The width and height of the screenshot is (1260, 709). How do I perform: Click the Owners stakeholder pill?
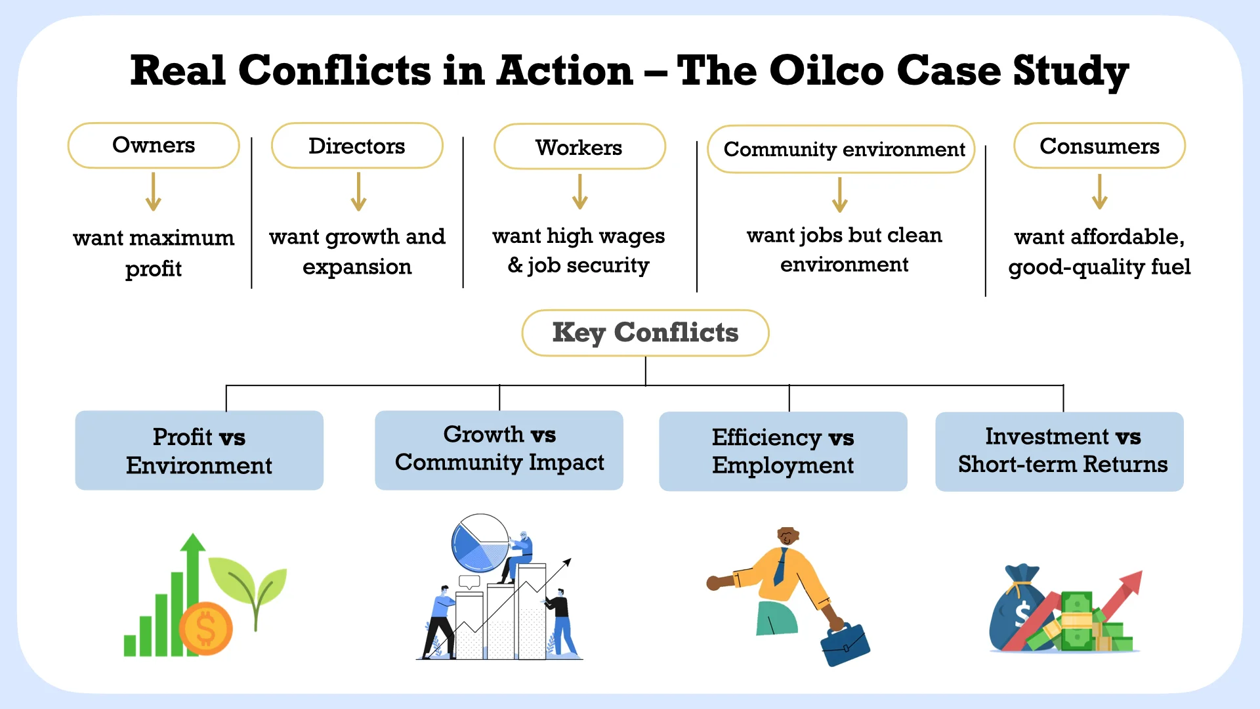[x=154, y=145]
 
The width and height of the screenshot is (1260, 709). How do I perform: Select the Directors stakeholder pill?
[x=357, y=146]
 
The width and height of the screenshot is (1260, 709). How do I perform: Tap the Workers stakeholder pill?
[x=579, y=147]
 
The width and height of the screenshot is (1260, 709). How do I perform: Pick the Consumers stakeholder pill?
[x=1099, y=146]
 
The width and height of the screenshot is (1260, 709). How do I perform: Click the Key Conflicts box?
[x=645, y=333]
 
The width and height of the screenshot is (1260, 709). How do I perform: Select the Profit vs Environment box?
[x=199, y=450]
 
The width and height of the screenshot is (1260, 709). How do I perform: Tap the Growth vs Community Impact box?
[x=499, y=450]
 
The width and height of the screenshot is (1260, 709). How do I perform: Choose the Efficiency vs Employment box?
[x=783, y=451]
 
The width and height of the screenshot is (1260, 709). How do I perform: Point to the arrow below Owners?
[x=154, y=192]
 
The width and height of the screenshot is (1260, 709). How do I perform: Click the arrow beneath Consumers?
[x=1100, y=192]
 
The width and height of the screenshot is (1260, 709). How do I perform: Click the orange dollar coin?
[x=205, y=628]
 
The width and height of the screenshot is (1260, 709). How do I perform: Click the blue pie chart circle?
[x=480, y=543]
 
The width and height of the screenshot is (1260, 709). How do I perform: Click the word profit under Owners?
[x=154, y=269]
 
